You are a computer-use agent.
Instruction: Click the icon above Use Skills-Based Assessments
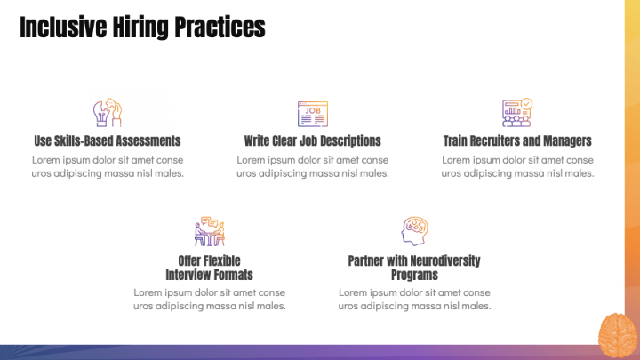(x=108, y=113)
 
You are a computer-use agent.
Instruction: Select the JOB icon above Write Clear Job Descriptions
(x=312, y=113)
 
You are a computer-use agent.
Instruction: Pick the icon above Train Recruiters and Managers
(x=516, y=112)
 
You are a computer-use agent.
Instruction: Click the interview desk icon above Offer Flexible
(x=210, y=231)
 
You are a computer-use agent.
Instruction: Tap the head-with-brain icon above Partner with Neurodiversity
(x=414, y=231)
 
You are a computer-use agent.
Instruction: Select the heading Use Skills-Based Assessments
(x=108, y=140)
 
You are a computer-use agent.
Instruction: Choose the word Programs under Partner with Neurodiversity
(x=414, y=275)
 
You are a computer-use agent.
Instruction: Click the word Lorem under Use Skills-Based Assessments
(x=46, y=160)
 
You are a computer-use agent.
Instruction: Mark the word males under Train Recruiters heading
(x=579, y=173)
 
